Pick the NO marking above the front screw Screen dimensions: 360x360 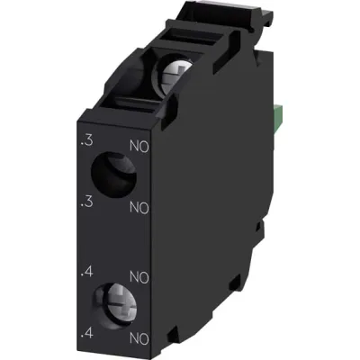pyautogui.click(x=138, y=275)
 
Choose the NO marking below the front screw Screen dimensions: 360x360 pyautogui.click(x=138, y=337)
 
